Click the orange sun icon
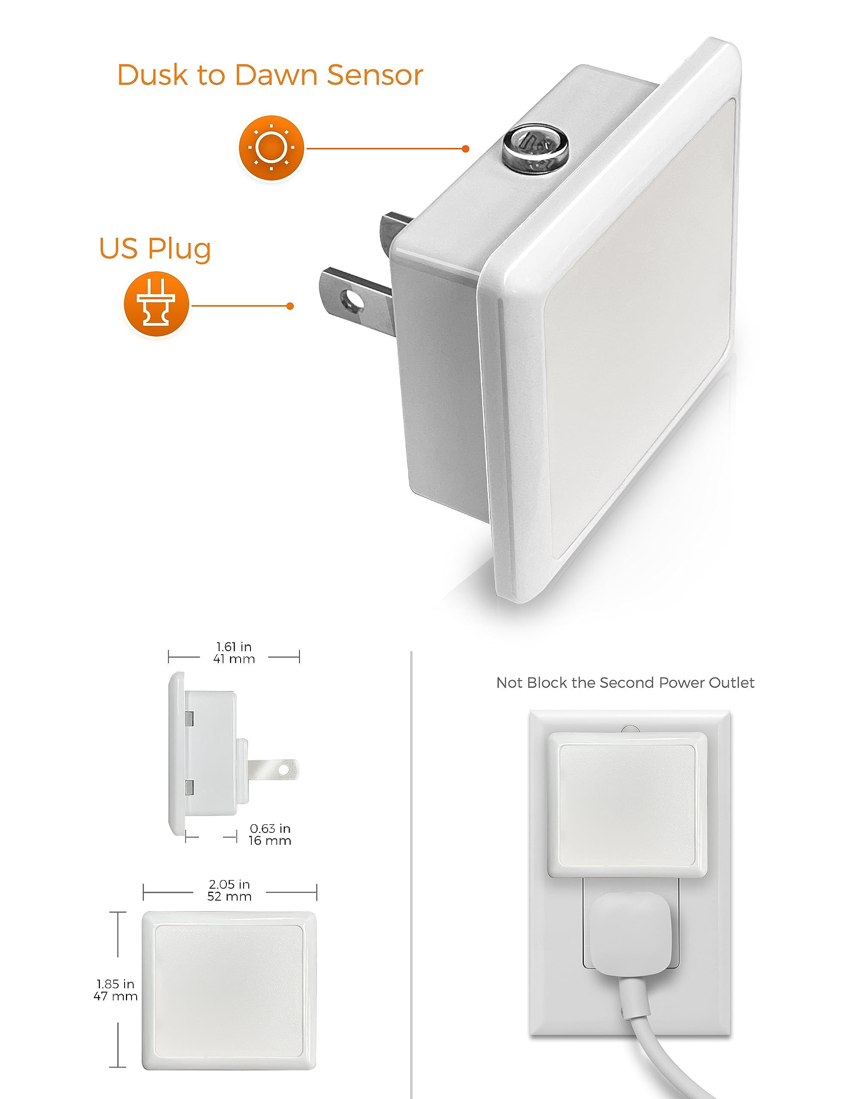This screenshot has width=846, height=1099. (271, 148)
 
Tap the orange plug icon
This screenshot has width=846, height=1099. (156, 304)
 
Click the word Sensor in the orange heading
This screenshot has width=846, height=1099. (375, 76)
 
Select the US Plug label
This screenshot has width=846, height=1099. (155, 249)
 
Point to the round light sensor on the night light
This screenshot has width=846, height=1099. (535, 148)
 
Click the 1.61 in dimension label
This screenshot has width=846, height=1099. (234, 647)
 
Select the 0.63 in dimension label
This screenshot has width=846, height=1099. (270, 828)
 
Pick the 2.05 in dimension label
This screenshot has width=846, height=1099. (229, 884)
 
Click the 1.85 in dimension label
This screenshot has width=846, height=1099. (115, 984)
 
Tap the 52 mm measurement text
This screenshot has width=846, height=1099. (229, 896)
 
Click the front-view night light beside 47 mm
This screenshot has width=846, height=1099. (229, 990)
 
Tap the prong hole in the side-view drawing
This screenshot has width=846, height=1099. (284, 770)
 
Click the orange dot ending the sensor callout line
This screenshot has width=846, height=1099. (465, 149)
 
